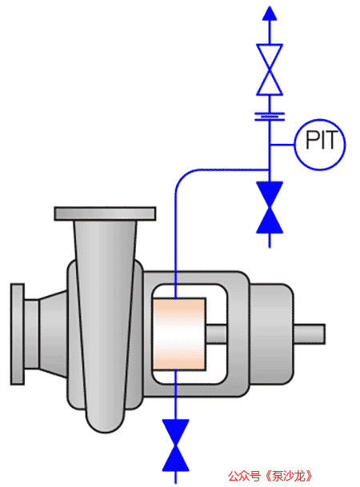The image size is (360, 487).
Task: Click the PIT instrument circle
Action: pos(320,145)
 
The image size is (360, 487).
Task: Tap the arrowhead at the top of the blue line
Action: pos(270,13)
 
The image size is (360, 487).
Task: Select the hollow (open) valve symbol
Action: pos(270,70)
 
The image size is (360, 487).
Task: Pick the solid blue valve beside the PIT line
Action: pos(270,207)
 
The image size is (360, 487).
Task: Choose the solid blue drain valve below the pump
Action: pos(175,445)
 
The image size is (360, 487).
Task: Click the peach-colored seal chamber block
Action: pos(179,334)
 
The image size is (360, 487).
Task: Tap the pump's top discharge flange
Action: pos(105,214)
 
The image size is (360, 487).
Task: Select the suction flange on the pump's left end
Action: pos(18,334)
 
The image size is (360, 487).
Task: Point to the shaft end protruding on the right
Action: pos(310,334)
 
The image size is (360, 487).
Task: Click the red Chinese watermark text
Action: pos(270,476)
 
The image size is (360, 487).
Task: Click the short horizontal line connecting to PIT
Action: pos(282,145)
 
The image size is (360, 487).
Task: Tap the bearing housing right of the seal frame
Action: pos(272,334)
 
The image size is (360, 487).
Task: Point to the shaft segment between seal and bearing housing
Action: pos(216,334)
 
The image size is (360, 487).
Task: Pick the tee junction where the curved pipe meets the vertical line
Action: pos(270,170)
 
